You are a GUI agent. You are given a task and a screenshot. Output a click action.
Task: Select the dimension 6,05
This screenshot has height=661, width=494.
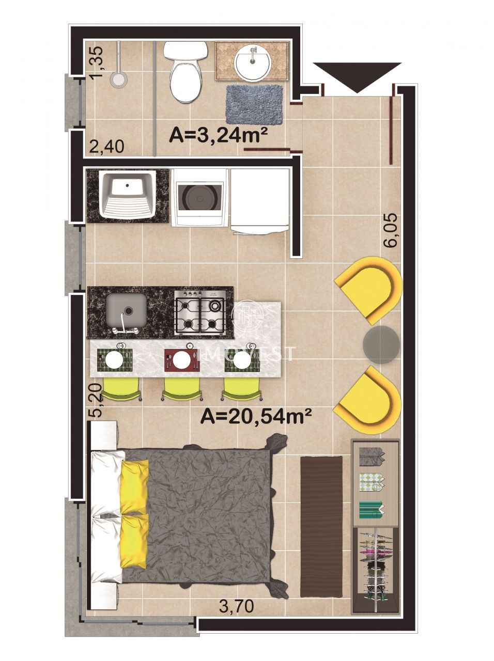pyautogui.click(x=391, y=231)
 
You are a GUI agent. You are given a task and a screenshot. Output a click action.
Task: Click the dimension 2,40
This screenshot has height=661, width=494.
pyautogui.click(x=106, y=147)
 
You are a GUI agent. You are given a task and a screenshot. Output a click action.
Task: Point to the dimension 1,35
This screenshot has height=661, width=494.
pyautogui.click(x=97, y=63)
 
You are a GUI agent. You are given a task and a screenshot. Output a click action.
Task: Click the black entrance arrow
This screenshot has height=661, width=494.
pyautogui.click(x=357, y=75)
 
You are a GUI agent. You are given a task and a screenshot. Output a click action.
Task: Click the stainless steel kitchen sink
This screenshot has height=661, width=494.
pyautogui.click(x=127, y=311)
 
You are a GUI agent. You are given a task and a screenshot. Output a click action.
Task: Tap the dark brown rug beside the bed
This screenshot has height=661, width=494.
pyautogui.click(x=321, y=525)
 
